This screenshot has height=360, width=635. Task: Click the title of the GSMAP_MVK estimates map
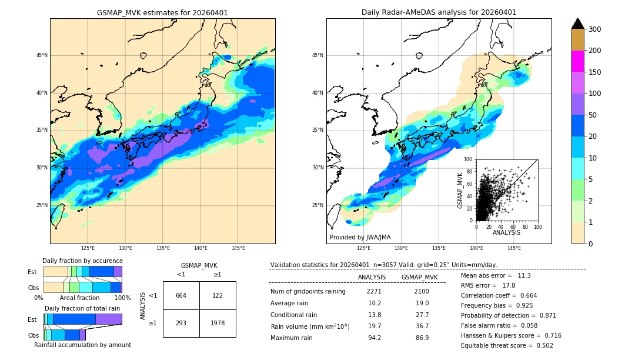click(162, 12)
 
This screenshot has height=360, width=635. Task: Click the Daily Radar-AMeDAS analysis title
click(439, 12)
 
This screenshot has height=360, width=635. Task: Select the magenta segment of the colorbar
click(577, 61)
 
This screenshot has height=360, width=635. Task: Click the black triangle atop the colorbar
click(577, 24)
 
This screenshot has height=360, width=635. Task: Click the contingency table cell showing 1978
click(217, 323)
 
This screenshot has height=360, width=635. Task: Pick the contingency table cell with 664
click(181, 295)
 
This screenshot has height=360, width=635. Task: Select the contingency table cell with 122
click(217, 295)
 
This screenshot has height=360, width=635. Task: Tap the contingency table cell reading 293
click(181, 323)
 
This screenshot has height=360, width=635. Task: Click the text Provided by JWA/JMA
click(360, 238)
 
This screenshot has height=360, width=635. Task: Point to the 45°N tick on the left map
click(42, 55)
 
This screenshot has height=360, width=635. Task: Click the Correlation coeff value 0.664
click(524, 295)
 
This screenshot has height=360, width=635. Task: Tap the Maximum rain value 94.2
click(374, 338)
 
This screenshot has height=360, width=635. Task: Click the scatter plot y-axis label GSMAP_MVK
click(460, 190)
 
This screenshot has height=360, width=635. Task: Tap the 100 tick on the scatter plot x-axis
click(537, 226)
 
